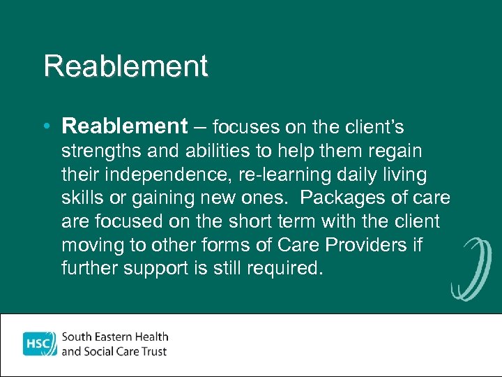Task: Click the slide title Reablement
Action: click(x=125, y=66)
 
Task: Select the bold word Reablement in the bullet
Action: click(x=124, y=126)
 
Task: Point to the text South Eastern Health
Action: click(x=115, y=337)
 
